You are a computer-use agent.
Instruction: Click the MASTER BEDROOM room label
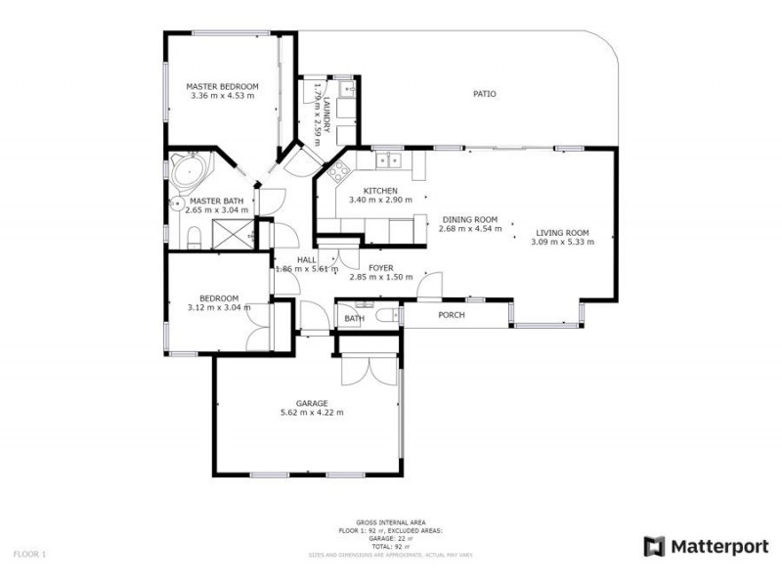(x=222, y=86)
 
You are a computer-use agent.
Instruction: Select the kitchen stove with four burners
(x=339, y=173)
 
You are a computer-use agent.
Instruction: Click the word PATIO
(x=484, y=94)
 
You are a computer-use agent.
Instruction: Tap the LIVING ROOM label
(x=561, y=233)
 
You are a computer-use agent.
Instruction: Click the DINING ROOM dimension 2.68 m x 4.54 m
(x=470, y=229)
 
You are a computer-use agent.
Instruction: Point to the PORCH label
(x=452, y=315)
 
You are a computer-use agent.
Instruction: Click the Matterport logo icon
(x=654, y=546)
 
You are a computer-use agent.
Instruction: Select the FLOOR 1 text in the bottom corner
(x=29, y=554)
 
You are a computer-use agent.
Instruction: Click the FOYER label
(x=380, y=267)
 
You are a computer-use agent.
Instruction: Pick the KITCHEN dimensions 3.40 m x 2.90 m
(x=379, y=200)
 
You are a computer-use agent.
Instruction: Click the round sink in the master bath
(x=176, y=204)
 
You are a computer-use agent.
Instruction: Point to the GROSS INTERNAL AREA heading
(x=390, y=523)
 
